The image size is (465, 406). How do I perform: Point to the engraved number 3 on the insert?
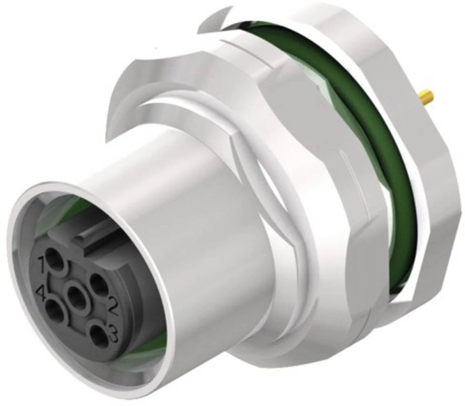pos(111,333)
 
